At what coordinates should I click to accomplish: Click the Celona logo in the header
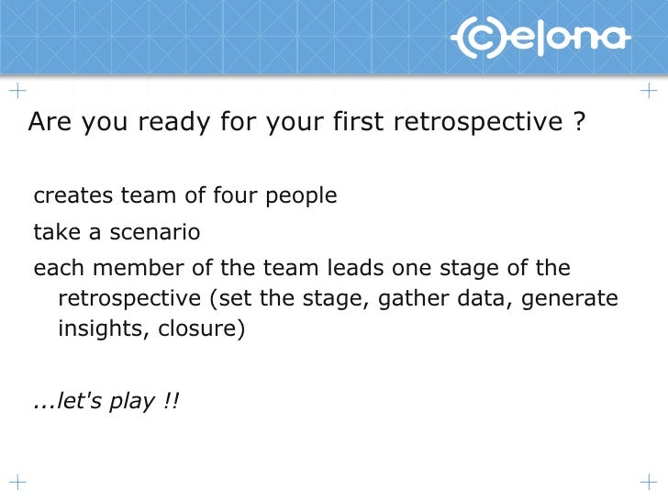coord(540,39)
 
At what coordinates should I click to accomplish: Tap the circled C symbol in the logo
coord(477,39)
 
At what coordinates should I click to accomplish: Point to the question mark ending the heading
coord(578,122)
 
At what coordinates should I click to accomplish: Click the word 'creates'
coord(70,196)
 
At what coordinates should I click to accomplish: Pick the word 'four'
coord(233,196)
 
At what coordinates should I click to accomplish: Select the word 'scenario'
coord(154,232)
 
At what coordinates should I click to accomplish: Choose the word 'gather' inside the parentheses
coord(409,299)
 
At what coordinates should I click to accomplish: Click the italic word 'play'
coord(133,402)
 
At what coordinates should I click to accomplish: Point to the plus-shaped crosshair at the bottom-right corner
coord(648,481)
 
